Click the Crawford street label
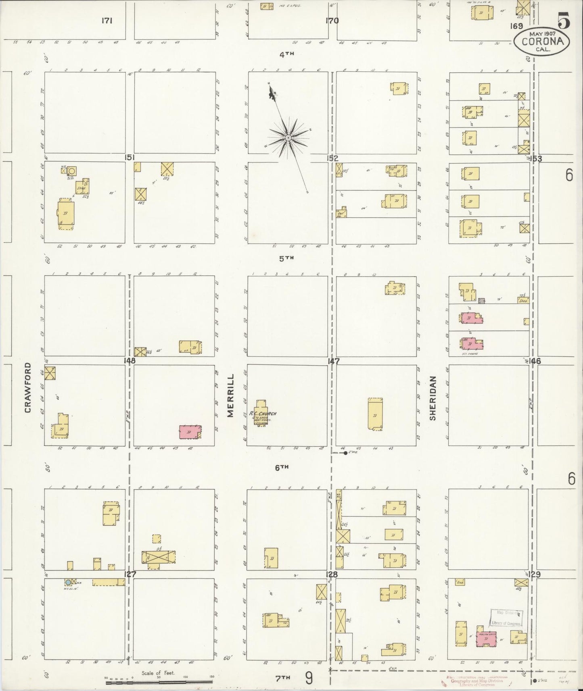coord(28,387)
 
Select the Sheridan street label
coord(433,398)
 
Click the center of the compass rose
coord(288,138)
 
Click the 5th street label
coord(287,259)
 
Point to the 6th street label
coord(282,468)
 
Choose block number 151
coord(130,158)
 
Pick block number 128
coord(332,574)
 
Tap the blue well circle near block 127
coord(68,582)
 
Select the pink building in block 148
coord(190,432)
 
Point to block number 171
coord(107,21)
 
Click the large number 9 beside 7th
coord(309,678)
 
